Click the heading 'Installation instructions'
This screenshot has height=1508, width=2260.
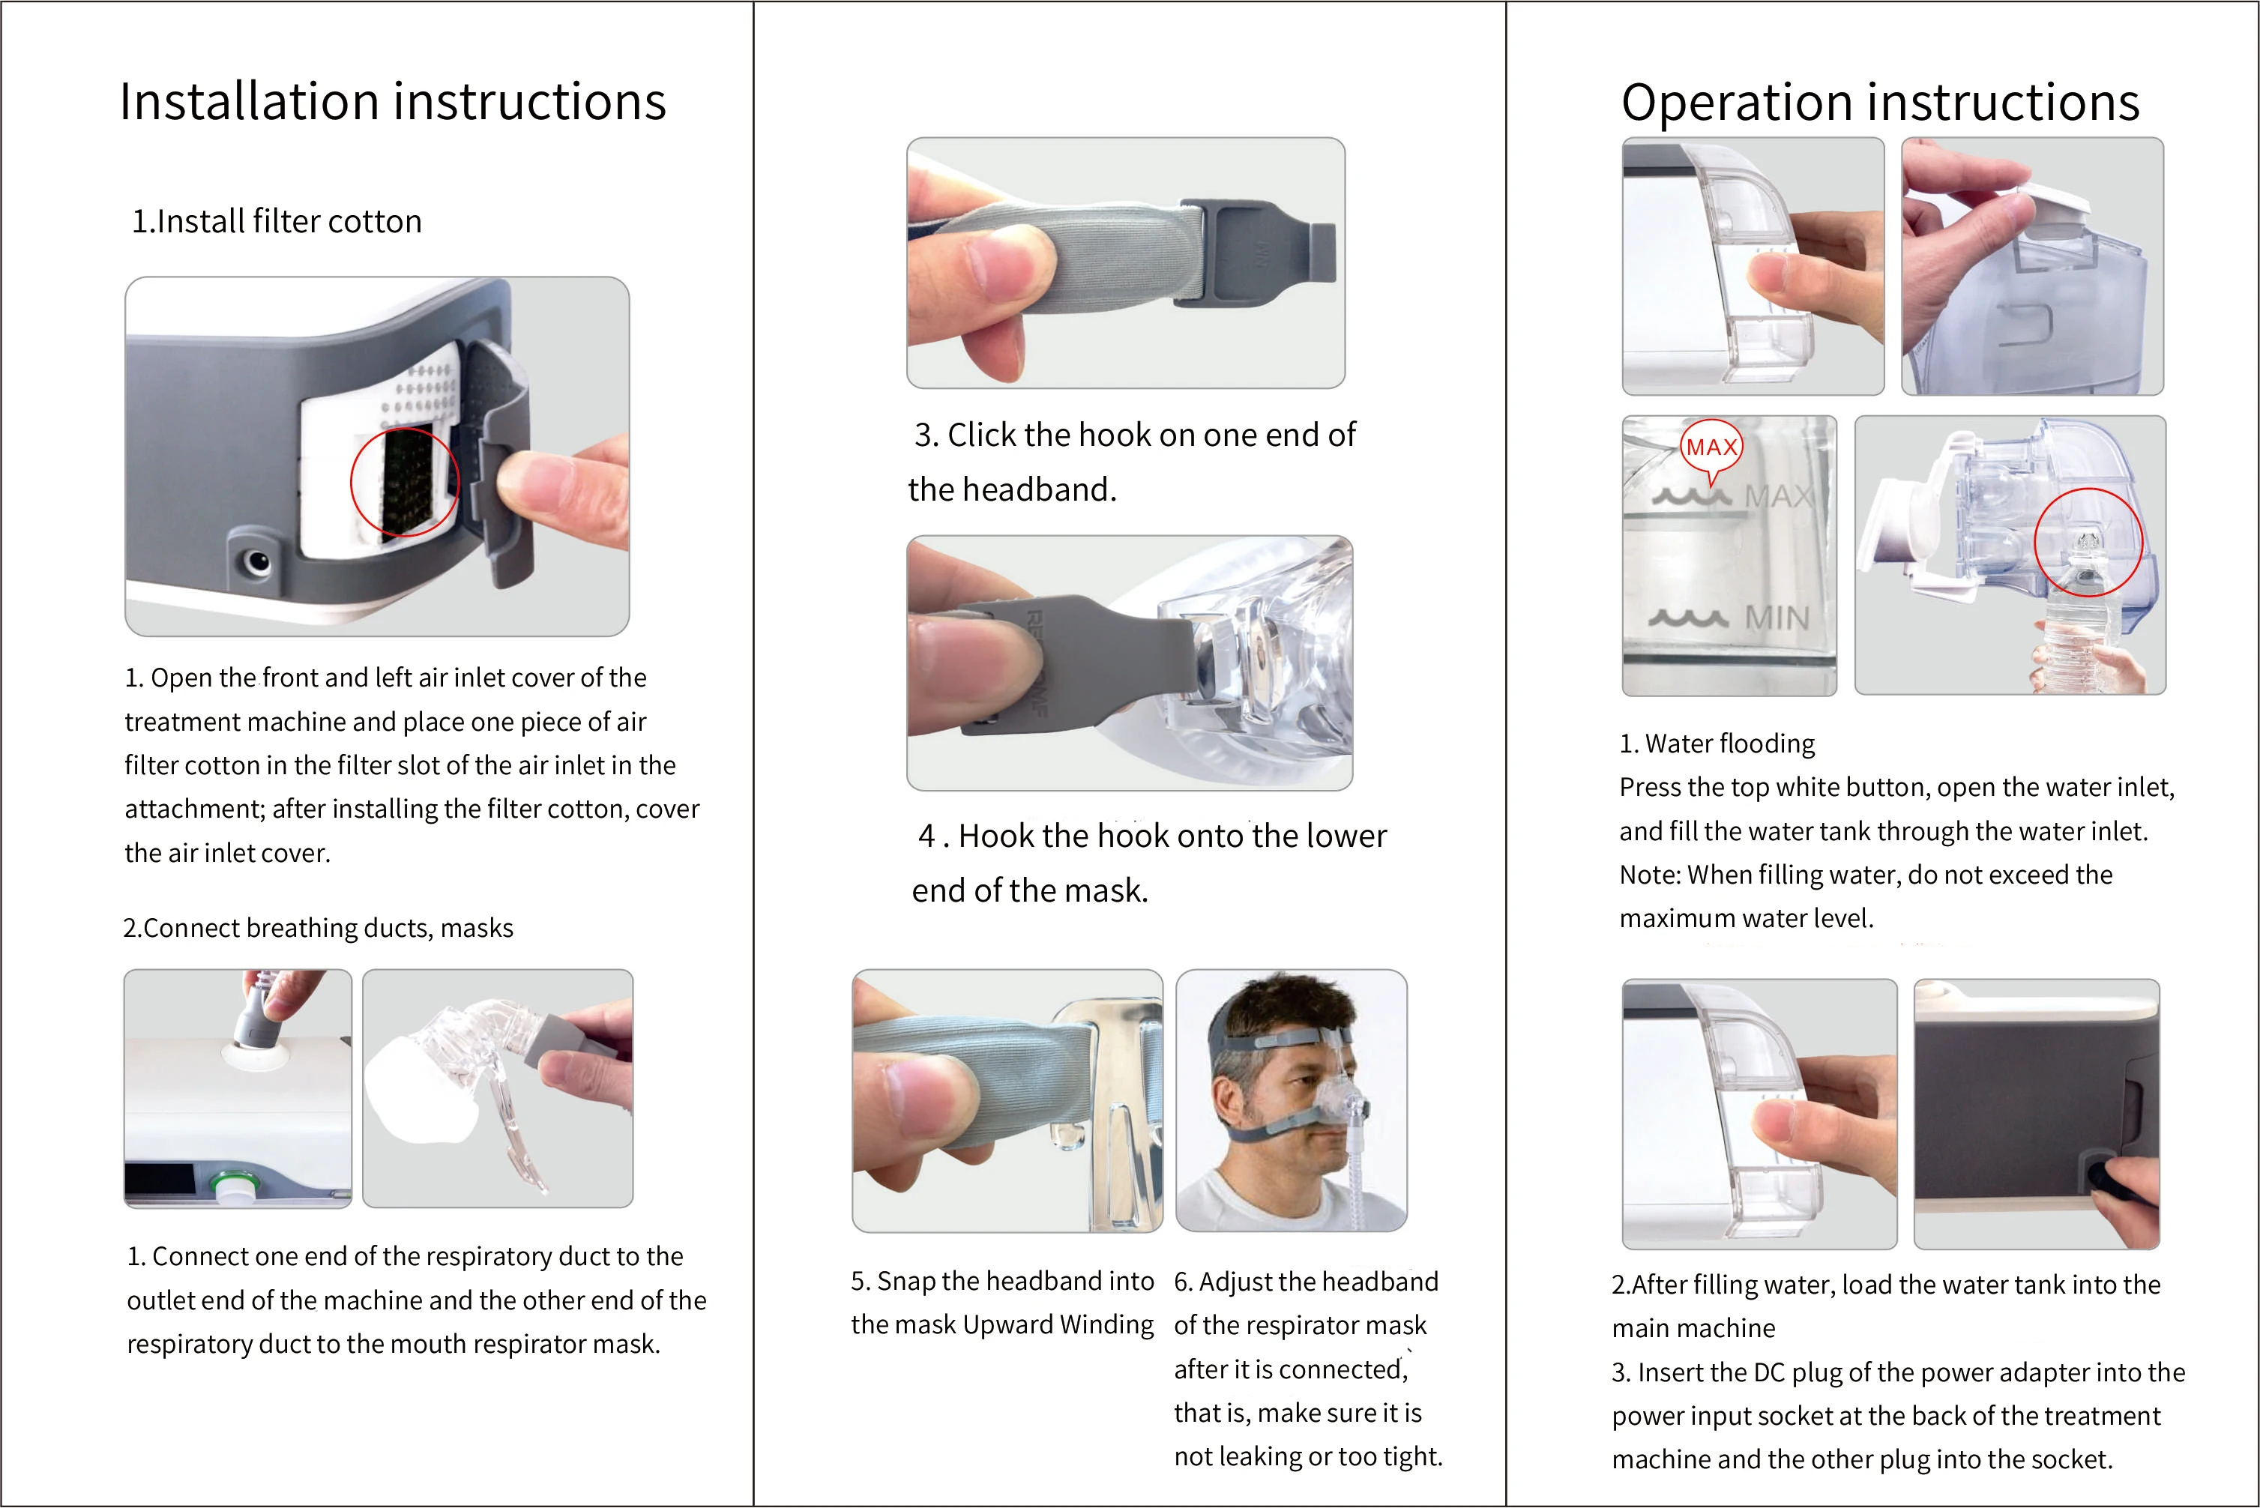392,102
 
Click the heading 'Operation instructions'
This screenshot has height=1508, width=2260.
1880,102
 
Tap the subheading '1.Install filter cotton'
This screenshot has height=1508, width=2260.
277,221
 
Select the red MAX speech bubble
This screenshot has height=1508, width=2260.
1712,450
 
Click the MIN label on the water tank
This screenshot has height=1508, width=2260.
1777,618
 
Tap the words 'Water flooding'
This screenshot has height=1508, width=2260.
1730,744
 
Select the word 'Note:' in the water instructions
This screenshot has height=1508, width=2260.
1651,875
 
